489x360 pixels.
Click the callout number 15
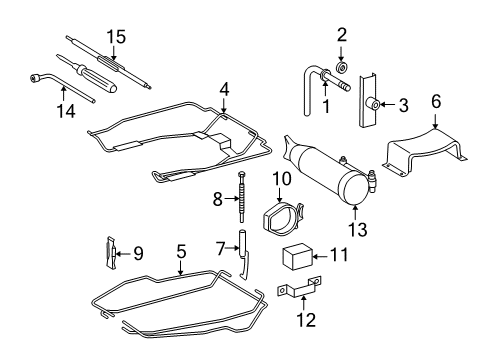tap(117, 37)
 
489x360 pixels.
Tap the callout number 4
tap(225, 88)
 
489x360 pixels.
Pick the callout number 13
tap(357, 229)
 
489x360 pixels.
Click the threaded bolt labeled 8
tap(241, 203)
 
